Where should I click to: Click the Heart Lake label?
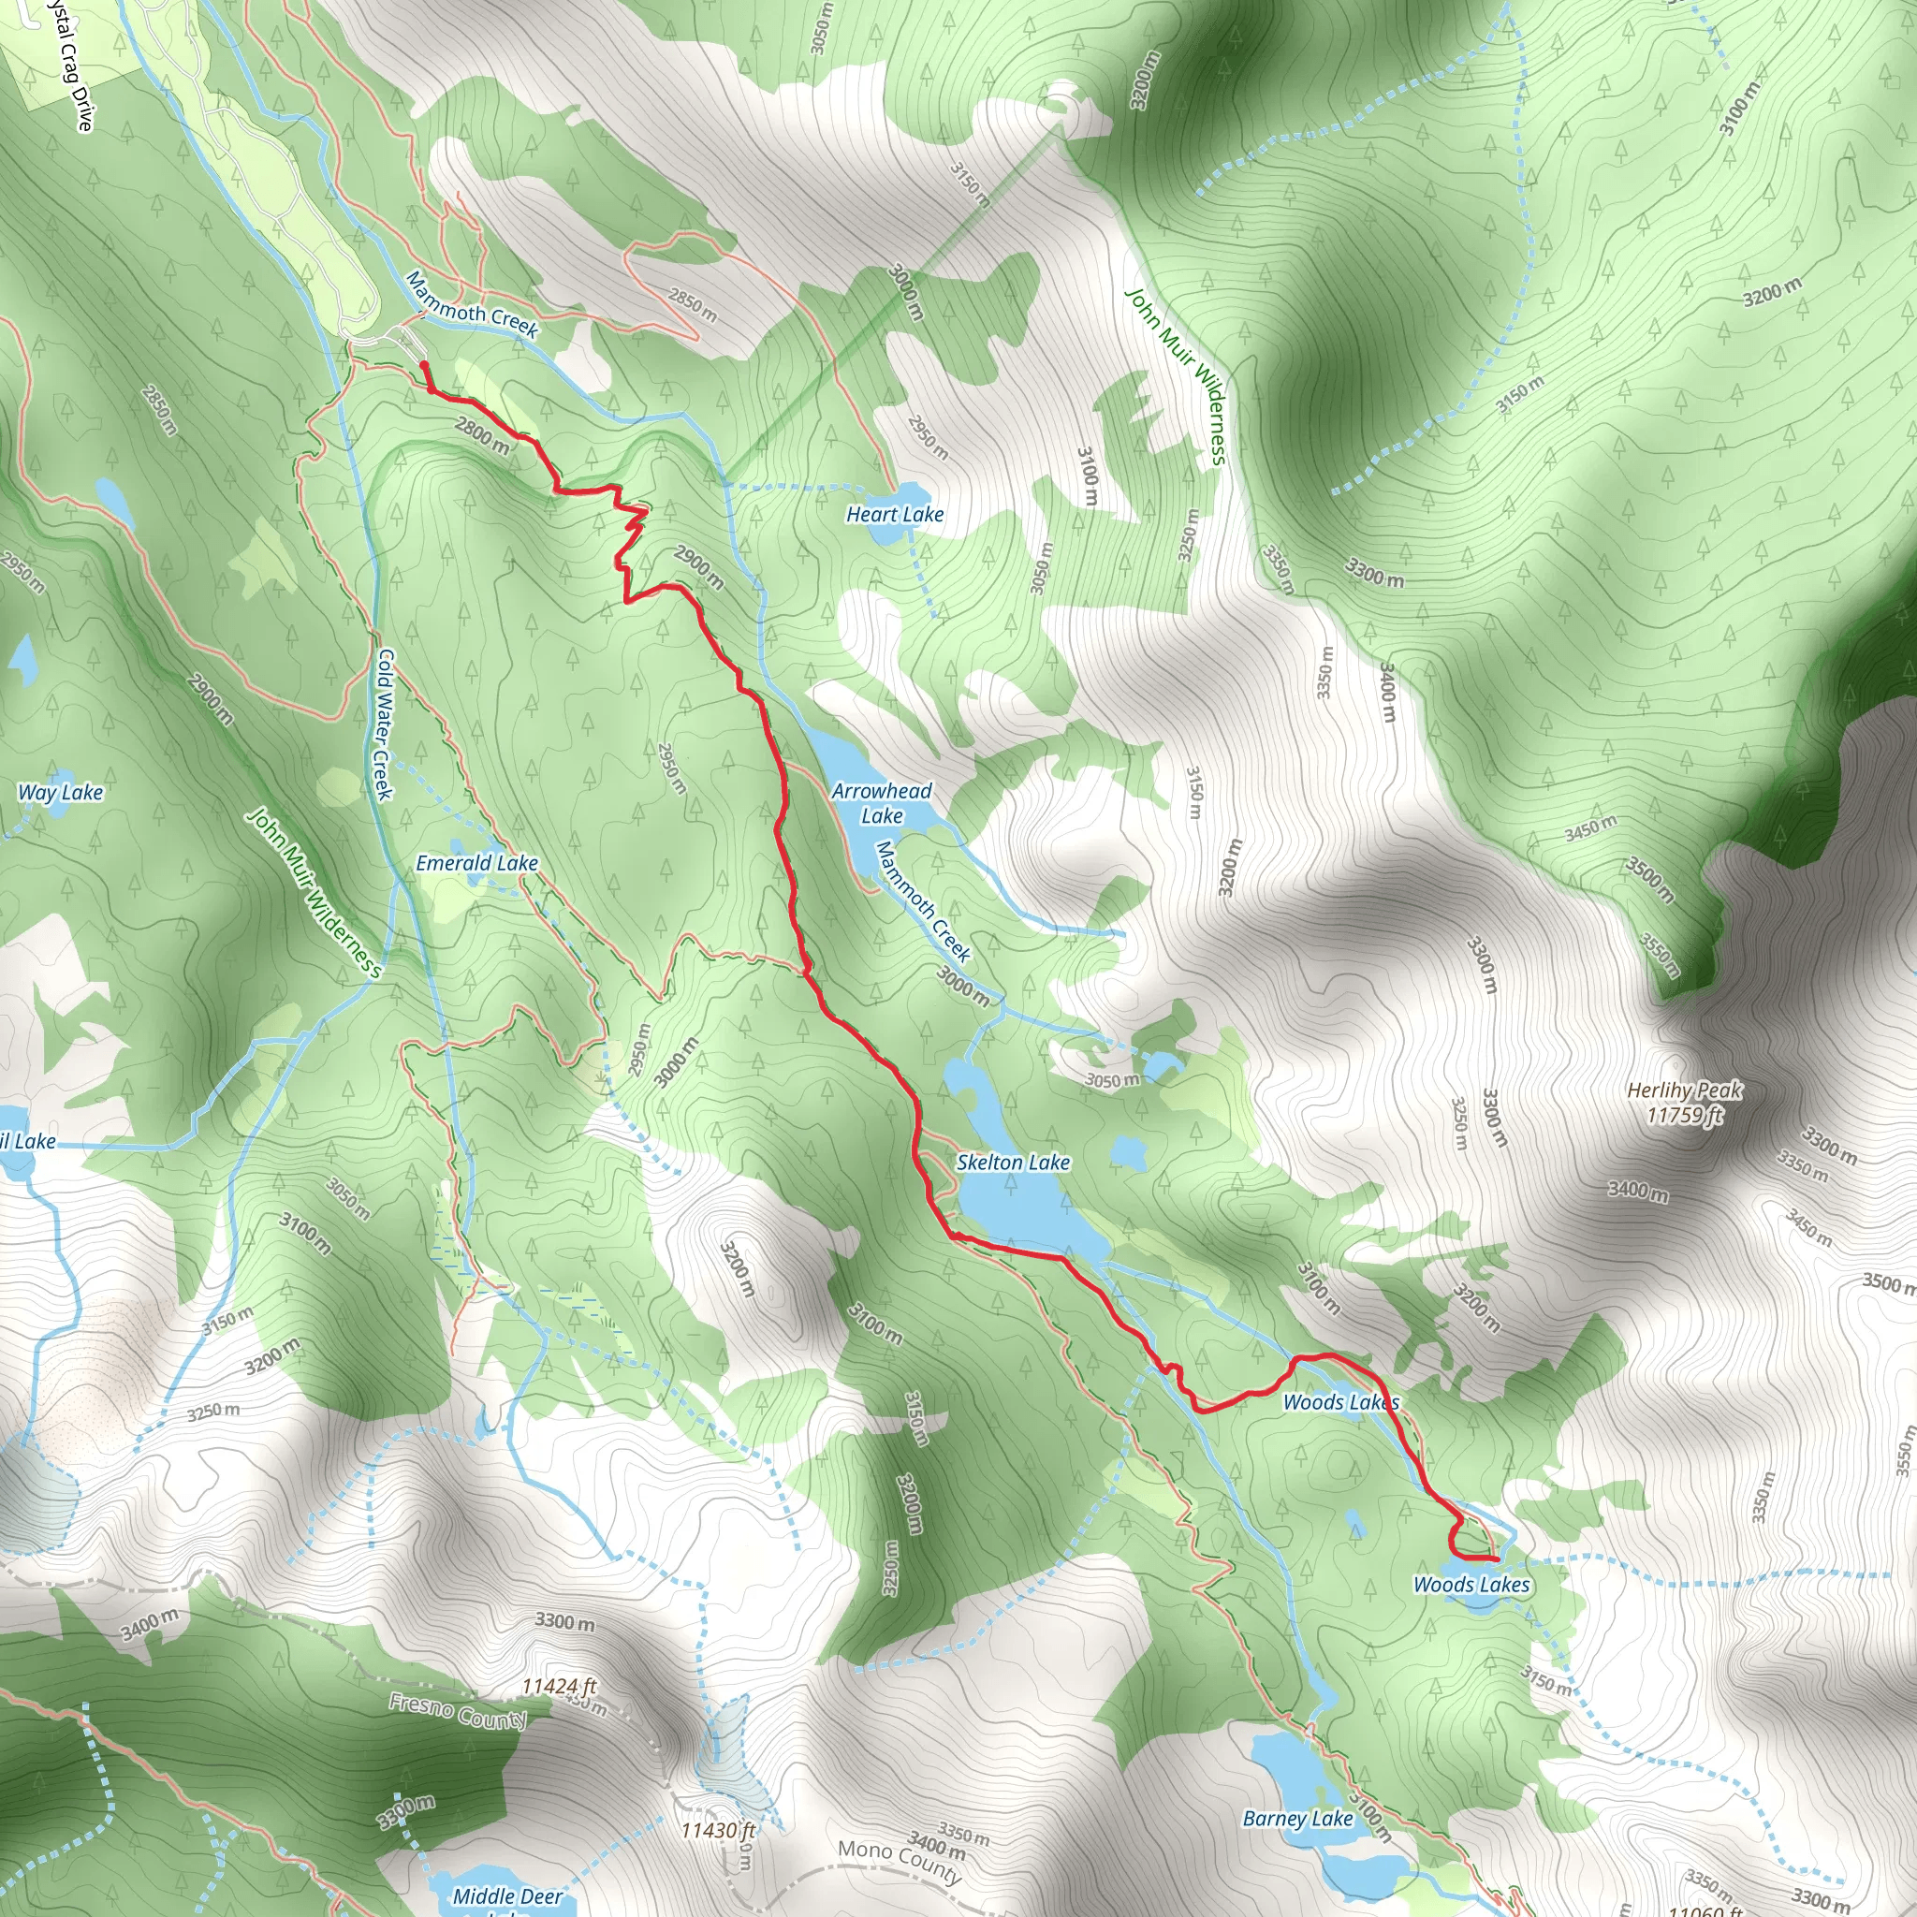click(894, 514)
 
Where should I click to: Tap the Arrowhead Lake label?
click(881, 804)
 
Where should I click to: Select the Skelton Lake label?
click(1012, 1162)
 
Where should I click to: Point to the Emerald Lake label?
click(476, 863)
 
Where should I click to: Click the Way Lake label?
click(60, 792)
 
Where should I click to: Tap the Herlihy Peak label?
click(1684, 1103)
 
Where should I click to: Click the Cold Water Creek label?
click(384, 724)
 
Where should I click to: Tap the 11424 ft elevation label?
click(560, 1686)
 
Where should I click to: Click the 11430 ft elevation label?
click(717, 1830)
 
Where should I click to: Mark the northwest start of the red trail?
click(424, 365)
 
